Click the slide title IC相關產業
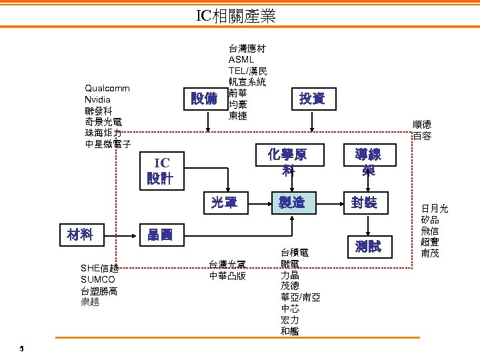click(236, 16)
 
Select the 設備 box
click(203, 99)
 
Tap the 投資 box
click(312, 99)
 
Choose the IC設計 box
click(160, 171)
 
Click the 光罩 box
click(224, 202)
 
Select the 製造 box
click(291, 202)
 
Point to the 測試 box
click(367, 247)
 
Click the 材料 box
click(79, 234)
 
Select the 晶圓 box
click(160, 235)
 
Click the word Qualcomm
click(107, 88)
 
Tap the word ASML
click(241, 59)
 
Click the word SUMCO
click(97, 279)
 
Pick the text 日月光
click(435, 209)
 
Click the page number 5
click(21, 349)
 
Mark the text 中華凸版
click(227, 275)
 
